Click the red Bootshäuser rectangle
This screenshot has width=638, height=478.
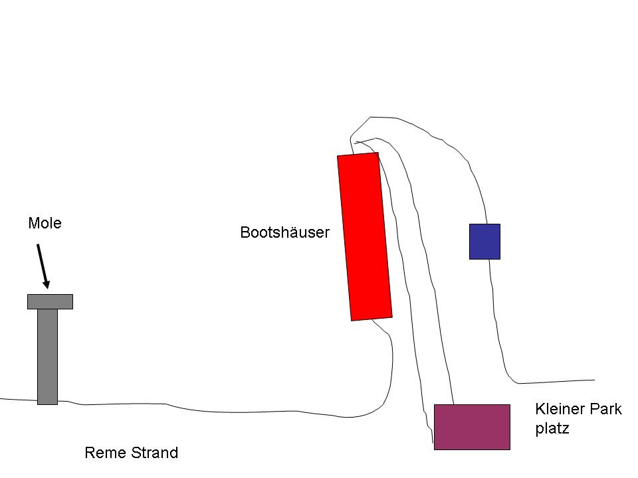tap(364, 237)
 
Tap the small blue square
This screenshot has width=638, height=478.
tap(484, 241)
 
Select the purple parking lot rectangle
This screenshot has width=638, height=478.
tap(472, 427)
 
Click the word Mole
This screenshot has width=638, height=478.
tap(45, 223)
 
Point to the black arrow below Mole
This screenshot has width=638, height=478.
tap(42, 266)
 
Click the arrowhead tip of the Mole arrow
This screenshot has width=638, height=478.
tap(47, 289)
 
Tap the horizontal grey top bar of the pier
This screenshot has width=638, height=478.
tap(50, 301)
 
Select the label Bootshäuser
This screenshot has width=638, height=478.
tap(284, 232)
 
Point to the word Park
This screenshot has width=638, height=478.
tap(604, 409)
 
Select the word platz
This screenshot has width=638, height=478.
tap(552, 429)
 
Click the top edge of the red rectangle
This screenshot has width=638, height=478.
tap(358, 155)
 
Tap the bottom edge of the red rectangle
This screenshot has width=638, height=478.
tap(372, 319)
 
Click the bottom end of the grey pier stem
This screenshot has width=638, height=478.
tap(47, 402)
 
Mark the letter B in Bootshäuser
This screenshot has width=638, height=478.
tap(245, 232)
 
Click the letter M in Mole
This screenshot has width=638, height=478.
tap(33, 223)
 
